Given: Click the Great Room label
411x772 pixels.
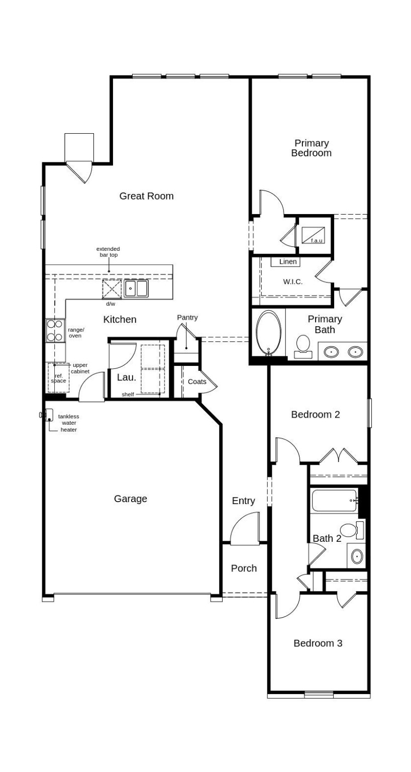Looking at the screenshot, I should click(x=146, y=196).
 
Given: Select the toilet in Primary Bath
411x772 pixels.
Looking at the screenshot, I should click(x=303, y=345).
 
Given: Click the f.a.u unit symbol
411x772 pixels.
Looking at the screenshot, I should click(x=313, y=235).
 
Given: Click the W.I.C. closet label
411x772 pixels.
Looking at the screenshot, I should click(x=292, y=281).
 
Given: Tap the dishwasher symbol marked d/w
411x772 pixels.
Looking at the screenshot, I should click(x=112, y=289).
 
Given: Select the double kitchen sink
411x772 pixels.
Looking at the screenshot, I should click(x=136, y=288).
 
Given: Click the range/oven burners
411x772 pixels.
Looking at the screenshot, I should click(x=55, y=331).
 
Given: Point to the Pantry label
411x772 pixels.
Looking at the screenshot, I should click(x=187, y=318).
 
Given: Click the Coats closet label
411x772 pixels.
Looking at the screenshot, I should click(x=197, y=381).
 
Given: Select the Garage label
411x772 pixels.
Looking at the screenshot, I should click(x=131, y=499).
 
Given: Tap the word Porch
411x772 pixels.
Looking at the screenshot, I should click(x=244, y=568).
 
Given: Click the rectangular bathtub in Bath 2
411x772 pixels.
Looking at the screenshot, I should click(x=334, y=501).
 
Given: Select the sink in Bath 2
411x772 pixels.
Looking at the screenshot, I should click(x=357, y=556).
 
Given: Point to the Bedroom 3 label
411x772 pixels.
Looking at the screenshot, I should click(x=318, y=643).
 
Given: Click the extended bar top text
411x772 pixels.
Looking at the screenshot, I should click(x=108, y=252).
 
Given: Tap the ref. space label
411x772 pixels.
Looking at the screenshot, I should click(x=58, y=378).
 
